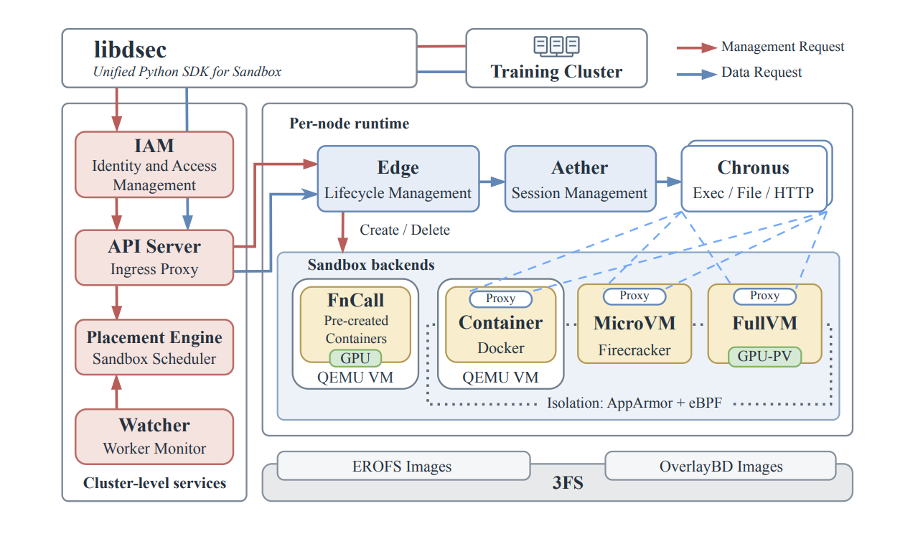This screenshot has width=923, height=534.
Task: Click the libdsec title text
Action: pyautogui.click(x=130, y=50)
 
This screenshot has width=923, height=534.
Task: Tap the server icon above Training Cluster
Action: pyautogui.click(x=556, y=46)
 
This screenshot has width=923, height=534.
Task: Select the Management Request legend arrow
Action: pyautogui.click(x=696, y=48)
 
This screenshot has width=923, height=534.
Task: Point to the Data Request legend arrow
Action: pyautogui.click(x=696, y=74)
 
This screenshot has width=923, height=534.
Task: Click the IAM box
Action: pyautogui.click(x=154, y=164)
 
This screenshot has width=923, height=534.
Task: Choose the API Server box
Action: pyautogui.click(x=154, y=258)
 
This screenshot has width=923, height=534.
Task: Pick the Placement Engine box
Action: pyautogui.click(x=154, y=347)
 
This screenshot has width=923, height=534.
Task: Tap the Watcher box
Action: pyautogui.click(x=154, y=436)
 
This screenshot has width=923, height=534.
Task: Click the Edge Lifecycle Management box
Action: pyautogui.click(x=398, y=179)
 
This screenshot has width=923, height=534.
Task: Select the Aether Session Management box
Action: pyautogui.click(x=580, y=179)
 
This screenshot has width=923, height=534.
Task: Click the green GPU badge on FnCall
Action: pyautogui.click(x=355, y=358)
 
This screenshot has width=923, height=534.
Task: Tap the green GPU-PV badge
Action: pyautogui.click(x=765, y=357)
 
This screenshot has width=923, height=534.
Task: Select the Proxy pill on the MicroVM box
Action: pyautogui.click(x=634, y=296)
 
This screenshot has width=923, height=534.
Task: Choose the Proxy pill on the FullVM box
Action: pyautogui.click(x=765, y=296)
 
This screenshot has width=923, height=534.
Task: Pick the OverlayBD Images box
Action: pyautogui.click(x=721, y=466)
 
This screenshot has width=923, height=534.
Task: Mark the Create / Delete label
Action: pyautogui.click(x=405, y=230)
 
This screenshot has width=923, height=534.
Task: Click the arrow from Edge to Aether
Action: pyautogui.click(x=492, y=182)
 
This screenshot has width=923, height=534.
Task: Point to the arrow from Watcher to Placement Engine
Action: pyautogui.click(x=116, y=392)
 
